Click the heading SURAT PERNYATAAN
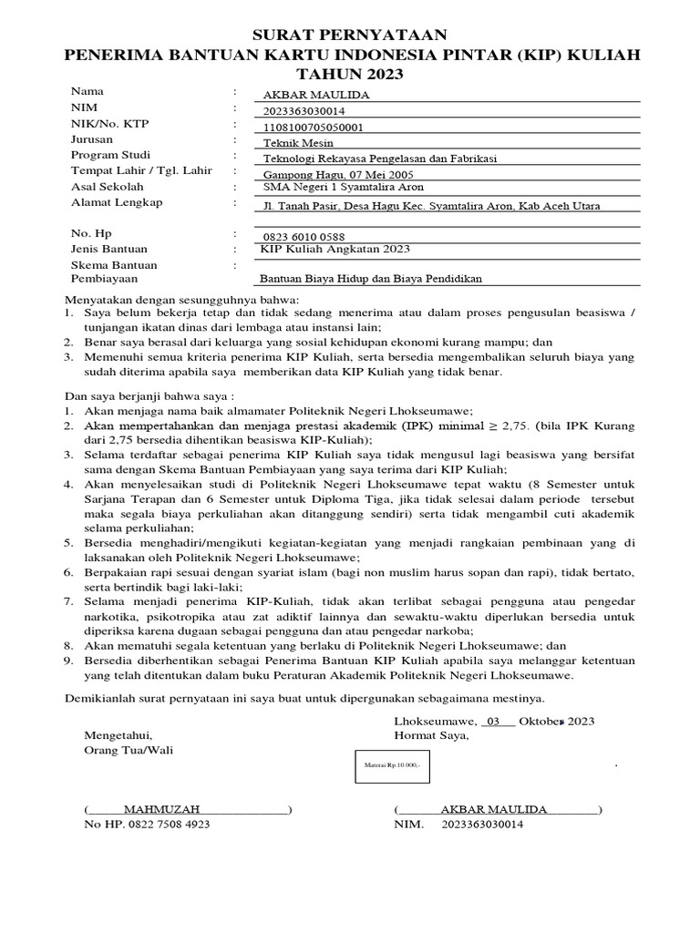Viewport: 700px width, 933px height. tap(351, 35)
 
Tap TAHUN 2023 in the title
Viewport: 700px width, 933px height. tap(351, 74)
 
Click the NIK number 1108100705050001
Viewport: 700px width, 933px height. tap(313, 128)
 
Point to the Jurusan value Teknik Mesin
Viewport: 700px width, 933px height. tap(298, 143)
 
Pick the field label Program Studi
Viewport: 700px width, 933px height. tap(110, 155)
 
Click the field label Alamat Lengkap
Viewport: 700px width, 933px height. tap(117, 202)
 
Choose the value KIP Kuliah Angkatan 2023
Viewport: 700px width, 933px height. tap(335, 249)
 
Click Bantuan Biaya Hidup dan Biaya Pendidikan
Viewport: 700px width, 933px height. tap(371, 279)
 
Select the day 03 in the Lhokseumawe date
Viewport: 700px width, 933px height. tap(495, 721)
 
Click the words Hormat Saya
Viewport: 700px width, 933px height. tap(431, 735)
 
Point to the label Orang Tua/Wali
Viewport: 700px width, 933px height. tap(128, 750)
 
